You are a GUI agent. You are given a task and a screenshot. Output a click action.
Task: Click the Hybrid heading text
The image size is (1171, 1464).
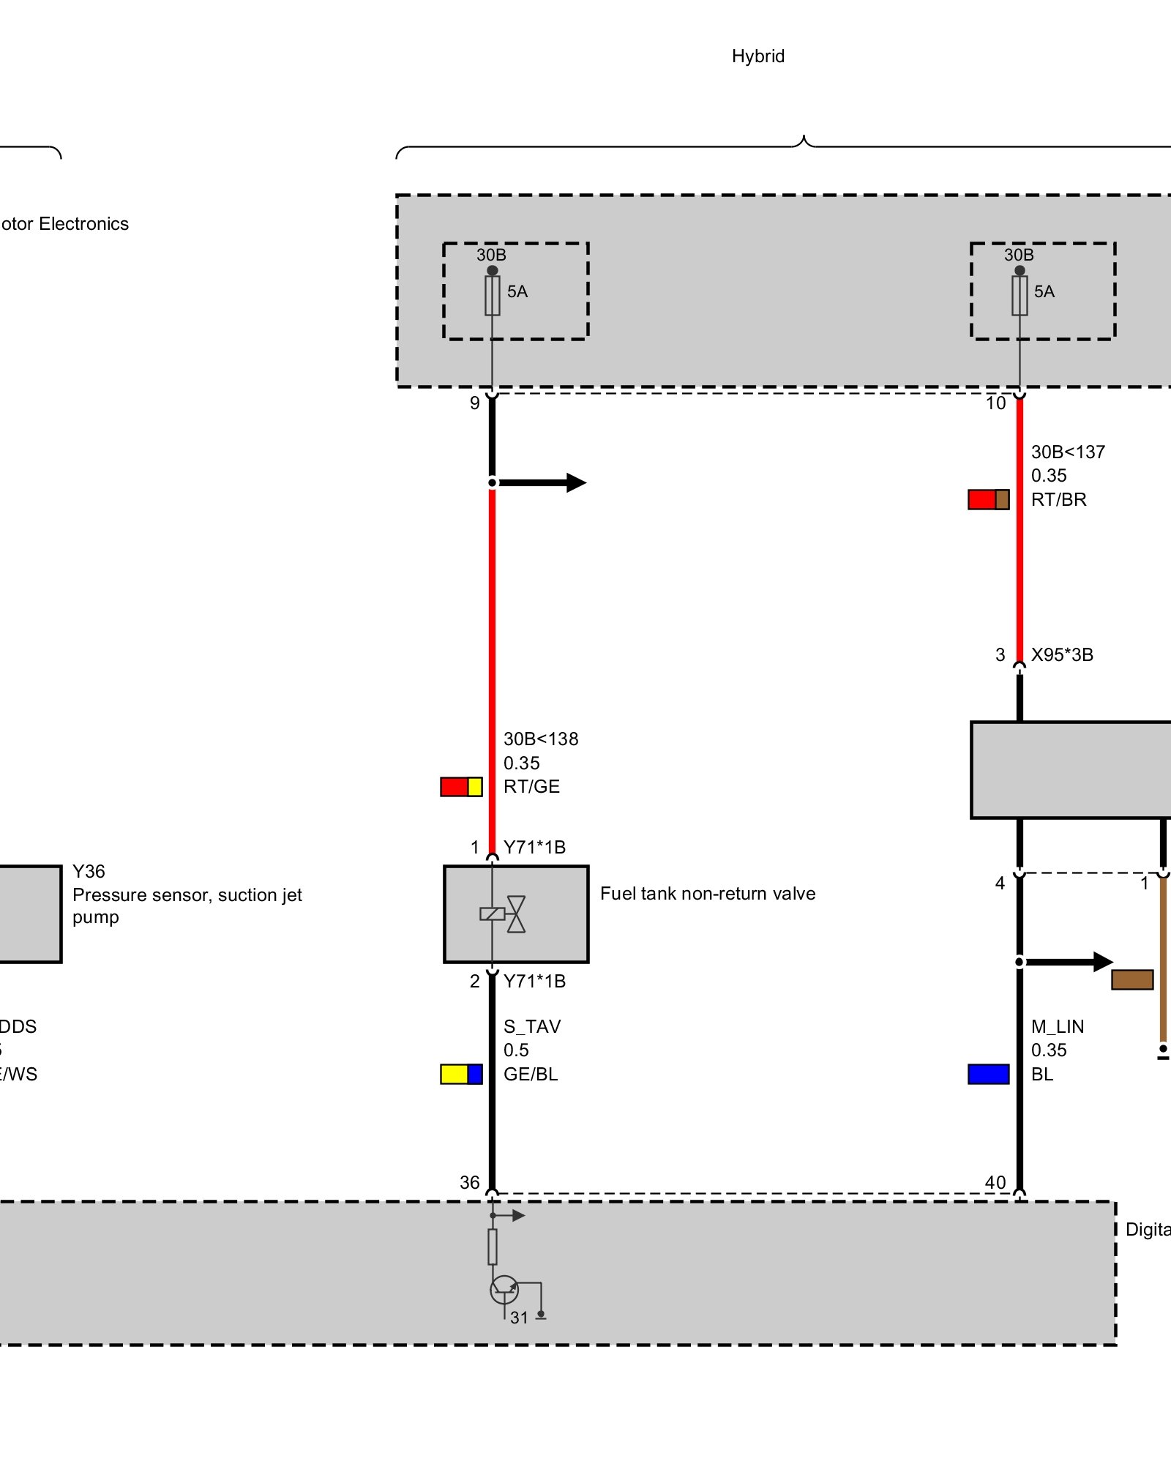point(757,56)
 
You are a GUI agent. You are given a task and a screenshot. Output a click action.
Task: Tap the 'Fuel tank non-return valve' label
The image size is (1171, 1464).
point(707,894)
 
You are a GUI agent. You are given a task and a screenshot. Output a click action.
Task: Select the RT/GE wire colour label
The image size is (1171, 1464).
point(531,787)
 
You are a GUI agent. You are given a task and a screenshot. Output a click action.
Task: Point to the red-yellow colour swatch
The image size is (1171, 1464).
point(461,787)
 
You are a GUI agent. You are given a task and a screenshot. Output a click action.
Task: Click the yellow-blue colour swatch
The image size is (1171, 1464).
point(461,1074)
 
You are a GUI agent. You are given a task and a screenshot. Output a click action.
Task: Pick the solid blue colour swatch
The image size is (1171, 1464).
point(988,1074)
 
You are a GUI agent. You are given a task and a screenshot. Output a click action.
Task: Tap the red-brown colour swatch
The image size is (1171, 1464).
point(988,500)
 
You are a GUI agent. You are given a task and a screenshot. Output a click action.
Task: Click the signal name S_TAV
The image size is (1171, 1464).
point(532,1026)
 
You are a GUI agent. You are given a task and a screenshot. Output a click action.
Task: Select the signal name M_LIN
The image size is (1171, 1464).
point(1058,1026)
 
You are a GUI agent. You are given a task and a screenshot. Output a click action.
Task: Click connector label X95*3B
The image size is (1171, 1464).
point(1062,655)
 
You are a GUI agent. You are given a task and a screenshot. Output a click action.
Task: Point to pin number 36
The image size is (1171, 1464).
point(470,1182)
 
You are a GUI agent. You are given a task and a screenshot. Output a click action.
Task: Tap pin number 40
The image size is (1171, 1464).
point(995,1182)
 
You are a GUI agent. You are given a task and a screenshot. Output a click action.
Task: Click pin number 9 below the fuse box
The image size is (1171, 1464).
point(475,403)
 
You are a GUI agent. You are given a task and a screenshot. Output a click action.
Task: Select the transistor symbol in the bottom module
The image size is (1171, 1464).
point(504,1289)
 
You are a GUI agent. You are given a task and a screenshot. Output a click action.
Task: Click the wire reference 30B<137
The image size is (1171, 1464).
point(1068,452)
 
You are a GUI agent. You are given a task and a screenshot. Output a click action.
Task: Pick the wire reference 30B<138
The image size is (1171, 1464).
point(541,739)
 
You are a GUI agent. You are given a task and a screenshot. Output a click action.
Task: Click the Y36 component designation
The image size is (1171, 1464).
point(89,872)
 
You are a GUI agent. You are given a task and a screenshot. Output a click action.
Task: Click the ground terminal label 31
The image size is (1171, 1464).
point(519,1318)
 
